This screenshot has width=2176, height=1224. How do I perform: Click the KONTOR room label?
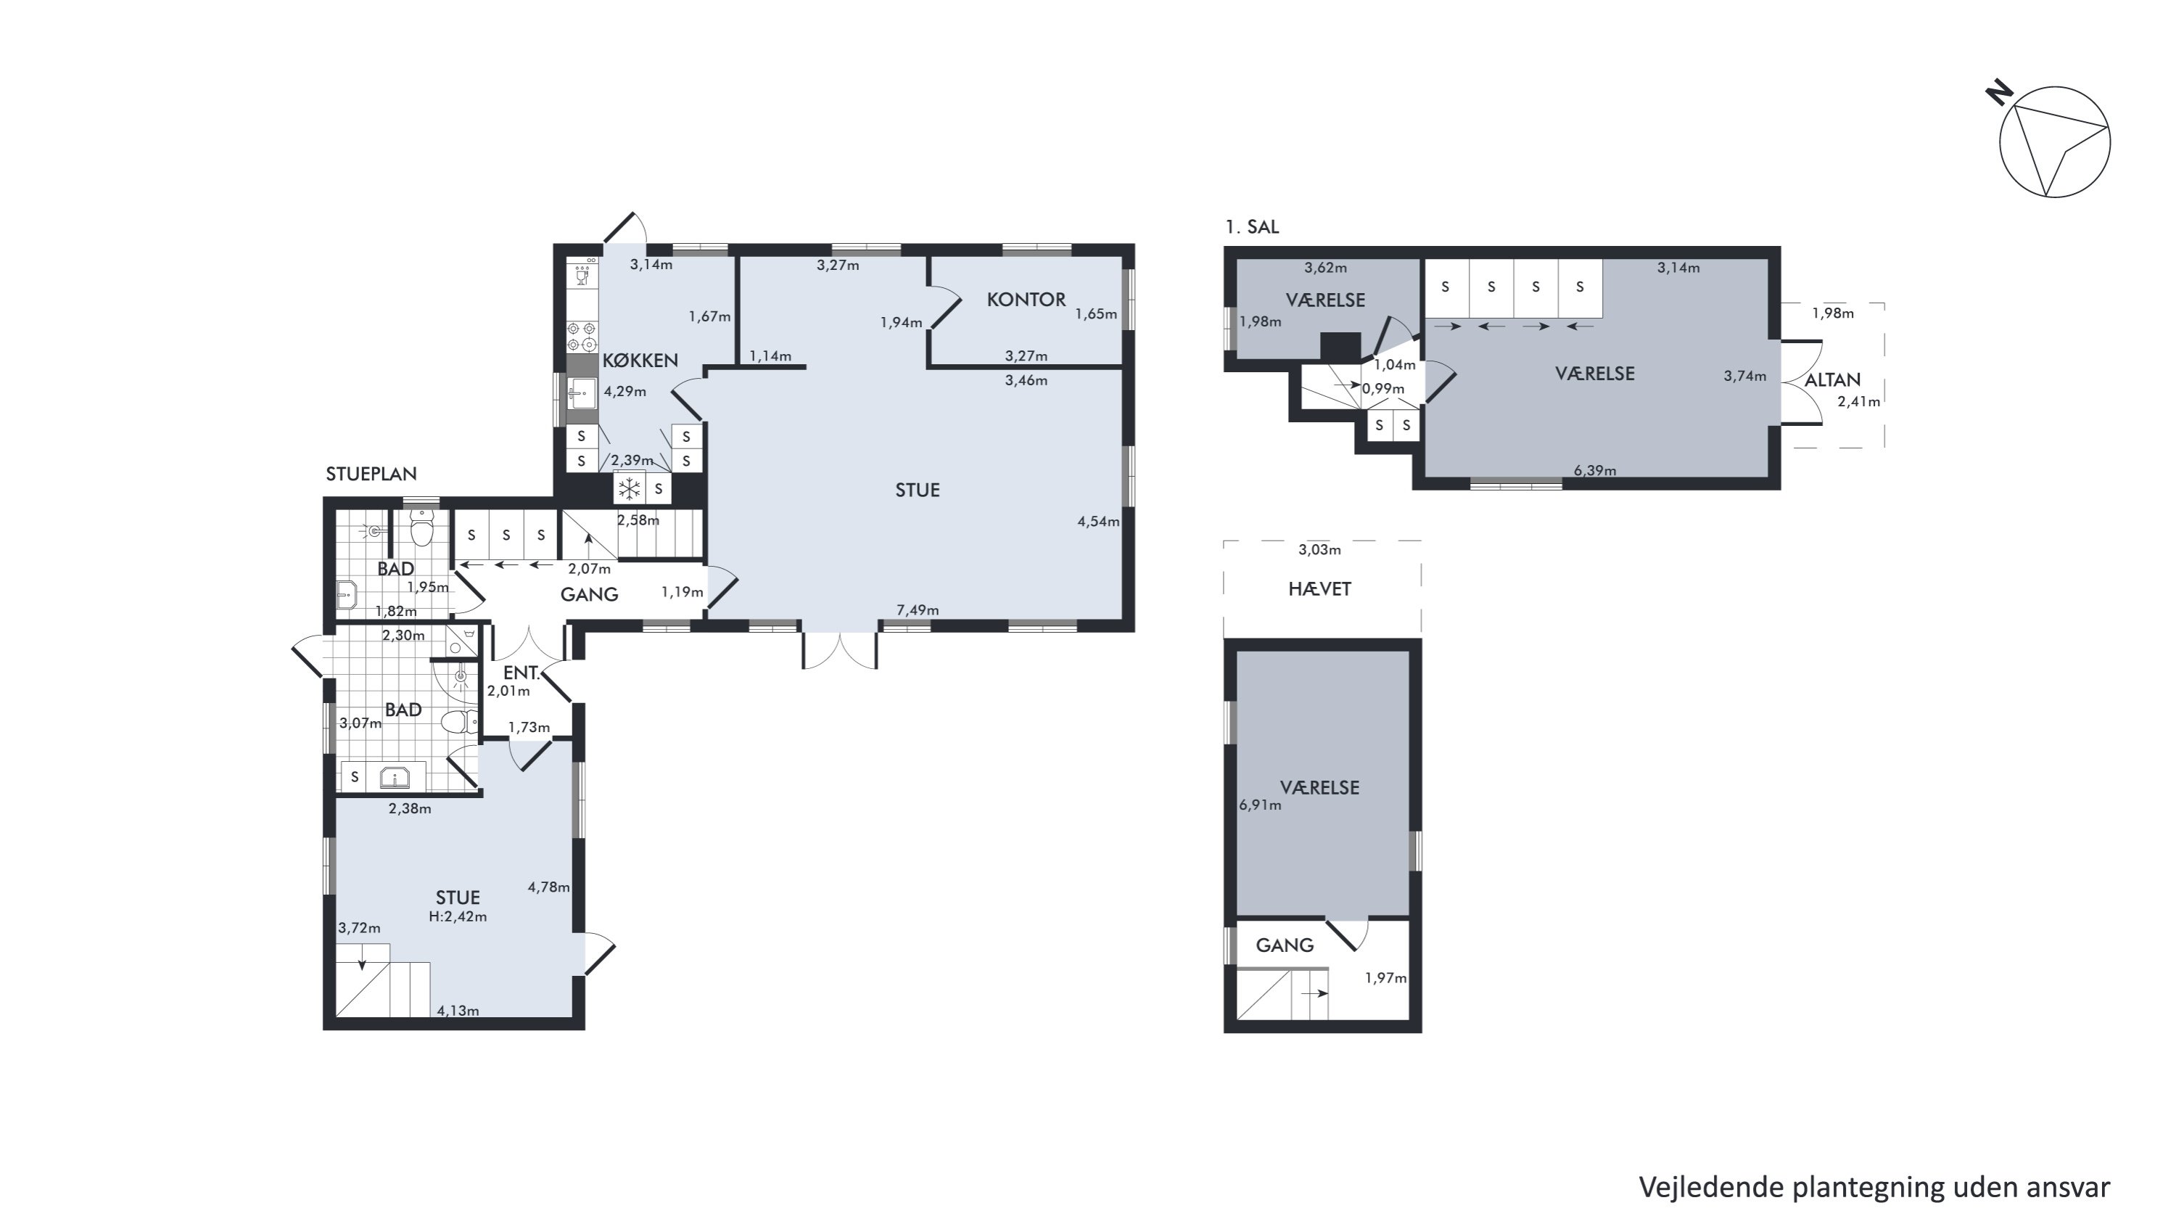pyautogui.click(x=1026, y=299)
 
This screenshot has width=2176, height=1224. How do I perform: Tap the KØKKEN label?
pyautogui.click(x=640, y=361)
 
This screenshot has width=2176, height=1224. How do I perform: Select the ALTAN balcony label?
pyautogui.click(x=1832, y=380)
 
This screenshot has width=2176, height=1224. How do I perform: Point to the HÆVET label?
pyautogui.click(x=1319, y=588)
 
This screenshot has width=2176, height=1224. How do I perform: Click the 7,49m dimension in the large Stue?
pyautogui.click(x=918, y=610)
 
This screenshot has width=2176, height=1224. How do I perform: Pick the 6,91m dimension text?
pyautogui.click(x=1259, y=805)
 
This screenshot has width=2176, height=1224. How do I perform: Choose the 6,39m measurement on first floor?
pyautogui.click(x=1595, y=470)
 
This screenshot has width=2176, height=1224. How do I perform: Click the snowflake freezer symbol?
pyautogui.click(x=628, y=488)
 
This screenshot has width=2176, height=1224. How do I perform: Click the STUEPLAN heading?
pyautogui.click(x=371, y=474)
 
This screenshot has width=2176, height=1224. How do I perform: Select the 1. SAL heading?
pyautogui.click(x=1252, y=226)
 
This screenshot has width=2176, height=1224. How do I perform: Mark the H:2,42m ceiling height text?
pyautogui.click(x=458, y=916)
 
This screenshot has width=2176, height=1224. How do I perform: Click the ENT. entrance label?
pyautogui.click(x=522, y=673)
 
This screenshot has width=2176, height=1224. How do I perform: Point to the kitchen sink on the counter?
pyautogui.click(x=581, y=393)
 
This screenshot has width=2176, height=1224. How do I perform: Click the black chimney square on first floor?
pyautogui.click(x=1340, y=346)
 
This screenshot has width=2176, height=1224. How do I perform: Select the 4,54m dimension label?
pyautogui.click(x=1098, y=521)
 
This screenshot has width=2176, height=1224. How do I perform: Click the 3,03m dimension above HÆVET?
pyautogui.click(x=1319, y=550)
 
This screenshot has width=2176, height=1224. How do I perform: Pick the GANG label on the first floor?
pyautogui.click(x=1284, y=945)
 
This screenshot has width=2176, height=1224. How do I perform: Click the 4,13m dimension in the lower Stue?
pyautogui.click(x=458, y=1010)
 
